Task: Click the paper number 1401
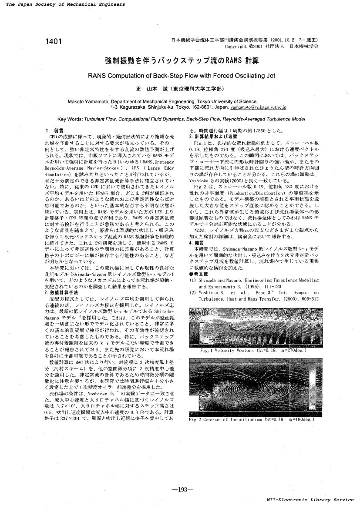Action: (53, 42)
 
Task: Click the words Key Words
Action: (70, 118)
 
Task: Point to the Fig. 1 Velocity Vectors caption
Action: (253, 350)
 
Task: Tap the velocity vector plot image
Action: (254, 327)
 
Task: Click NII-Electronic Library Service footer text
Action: (310, 499)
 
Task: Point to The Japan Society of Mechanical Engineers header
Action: (66, 4)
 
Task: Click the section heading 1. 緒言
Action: (54, 130)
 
